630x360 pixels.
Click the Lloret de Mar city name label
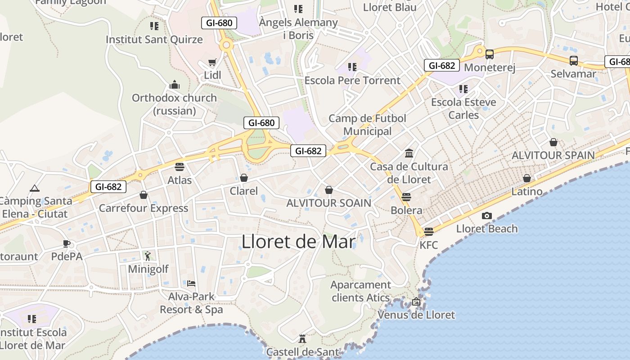pos(298,242)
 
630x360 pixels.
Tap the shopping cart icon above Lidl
pos(212,63)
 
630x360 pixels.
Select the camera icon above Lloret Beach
pos(486,216)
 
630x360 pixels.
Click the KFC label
pos(428,245)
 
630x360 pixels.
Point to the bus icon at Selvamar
pos(573,60)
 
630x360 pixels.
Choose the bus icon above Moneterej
pos(489,54)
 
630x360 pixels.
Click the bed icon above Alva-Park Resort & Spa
pos(191,283)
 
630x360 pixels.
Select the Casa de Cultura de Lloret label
pos(409,173)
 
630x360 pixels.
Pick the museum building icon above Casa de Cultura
pos(409,153)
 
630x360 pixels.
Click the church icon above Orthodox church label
pos(174,85)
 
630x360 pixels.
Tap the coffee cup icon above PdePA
pos(67,244)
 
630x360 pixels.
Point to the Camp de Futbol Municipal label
pos(367,125)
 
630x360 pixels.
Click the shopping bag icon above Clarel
pos(244,178)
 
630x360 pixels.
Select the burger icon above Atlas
pos(180,167)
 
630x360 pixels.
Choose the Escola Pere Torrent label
pos(352,80)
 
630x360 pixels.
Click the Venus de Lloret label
pos(416,315)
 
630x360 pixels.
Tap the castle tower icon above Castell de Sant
pos(302,338)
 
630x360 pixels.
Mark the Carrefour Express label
pos(144,208)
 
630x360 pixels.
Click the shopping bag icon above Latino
pos(526,178)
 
